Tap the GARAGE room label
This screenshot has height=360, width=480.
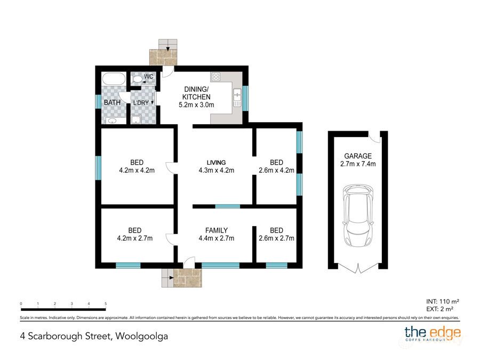[x=357, y=156]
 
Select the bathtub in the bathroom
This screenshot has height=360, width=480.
[x=114, y=80]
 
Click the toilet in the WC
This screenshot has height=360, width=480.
[x=138, y=79]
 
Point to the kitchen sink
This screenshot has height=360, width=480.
[x=237, y=96]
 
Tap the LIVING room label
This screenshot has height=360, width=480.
[x=217, y=162]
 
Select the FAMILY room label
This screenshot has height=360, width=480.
[x=217, y=230]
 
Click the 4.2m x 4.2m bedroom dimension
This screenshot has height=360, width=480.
[x=137, y=171]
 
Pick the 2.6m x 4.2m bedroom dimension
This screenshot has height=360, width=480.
[x=276, y=171]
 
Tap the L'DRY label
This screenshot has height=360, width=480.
[x=141, y=102]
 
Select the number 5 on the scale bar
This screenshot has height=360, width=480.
[x=106, y=303]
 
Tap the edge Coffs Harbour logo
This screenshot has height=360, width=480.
[x=433, y=334]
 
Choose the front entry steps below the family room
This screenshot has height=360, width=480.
[x=181, y=277]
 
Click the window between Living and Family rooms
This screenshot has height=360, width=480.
[x=228, y=206]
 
